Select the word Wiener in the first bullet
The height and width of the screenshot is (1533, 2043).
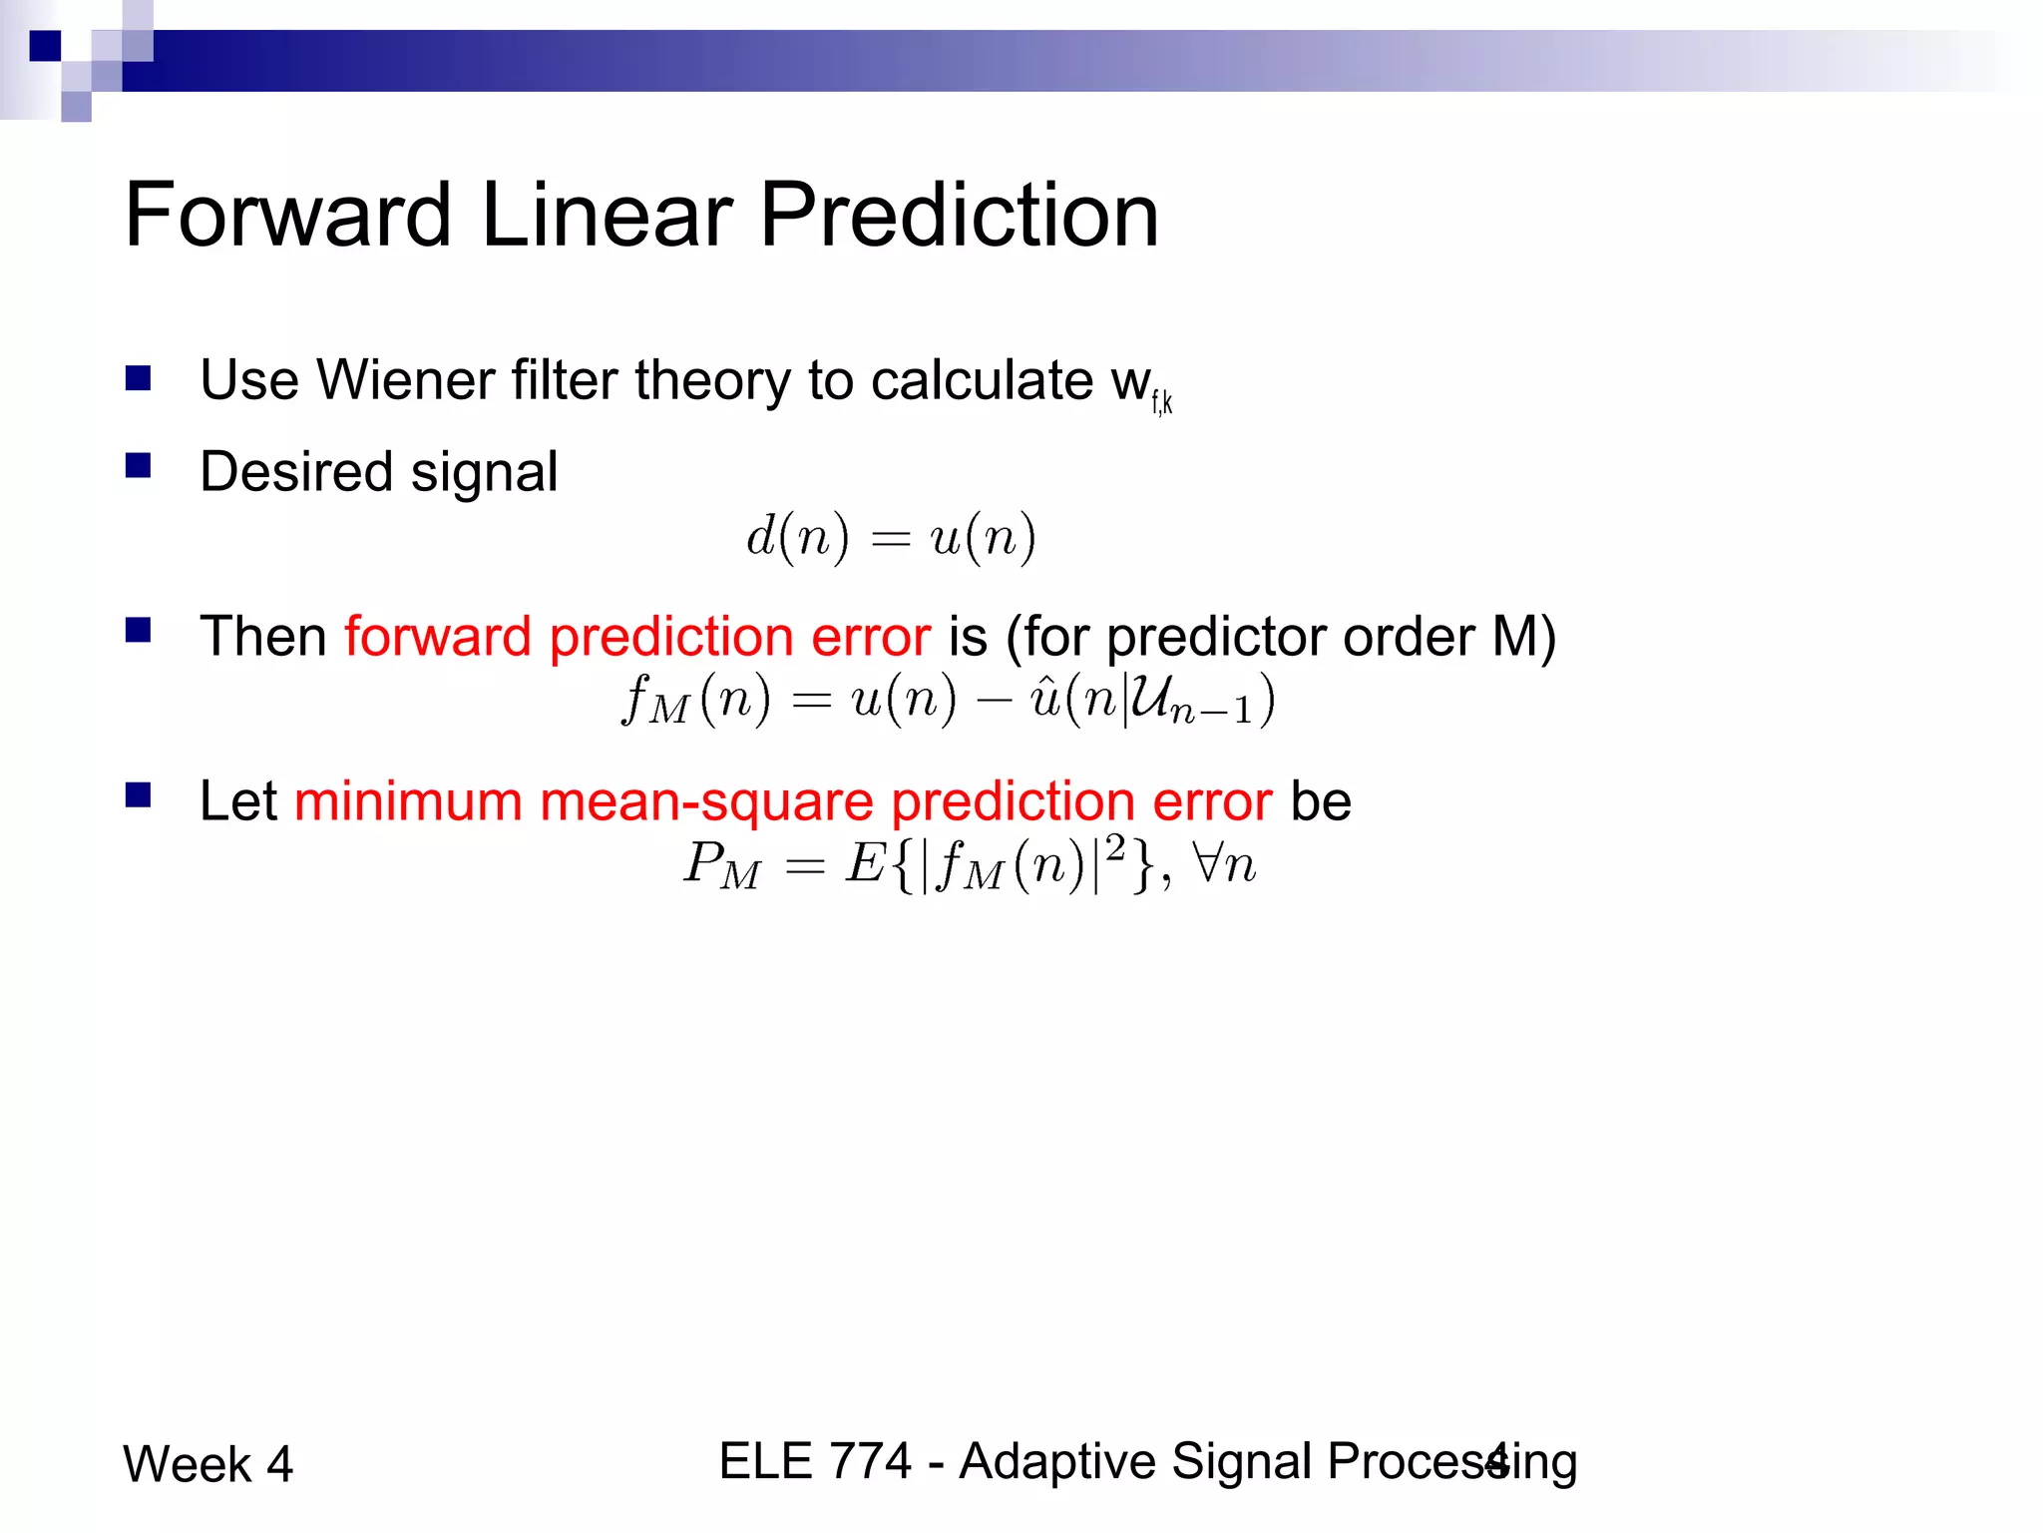[405, 380]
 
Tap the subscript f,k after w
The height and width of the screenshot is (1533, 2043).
[1162, 402]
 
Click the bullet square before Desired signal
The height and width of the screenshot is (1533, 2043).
[138, 466]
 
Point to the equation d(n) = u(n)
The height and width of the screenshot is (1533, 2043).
[891, 538]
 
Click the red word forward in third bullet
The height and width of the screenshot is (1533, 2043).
[437, 637]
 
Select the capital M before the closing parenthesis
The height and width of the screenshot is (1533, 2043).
[1514, 637]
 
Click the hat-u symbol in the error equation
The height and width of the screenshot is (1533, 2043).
[1044, 698]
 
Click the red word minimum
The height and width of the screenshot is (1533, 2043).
[408, 801]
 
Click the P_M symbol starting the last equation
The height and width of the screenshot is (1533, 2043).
[721, 865]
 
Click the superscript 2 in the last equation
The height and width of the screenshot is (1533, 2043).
[1115, 847]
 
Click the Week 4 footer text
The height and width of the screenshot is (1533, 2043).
[207, 1464]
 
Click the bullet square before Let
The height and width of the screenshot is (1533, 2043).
[138, 795]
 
